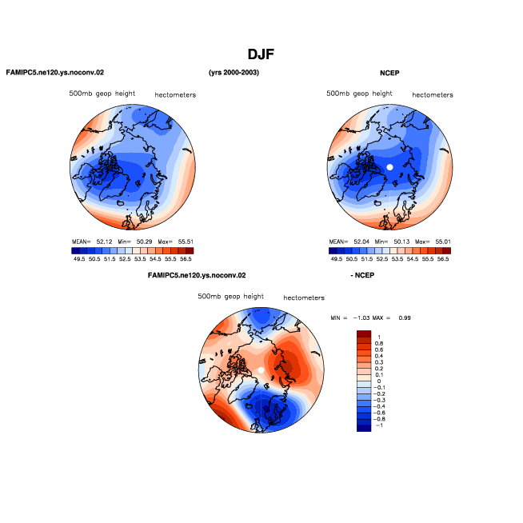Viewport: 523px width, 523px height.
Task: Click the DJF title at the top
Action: click(x=261, y=54)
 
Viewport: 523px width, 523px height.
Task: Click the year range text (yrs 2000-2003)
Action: click(x=234, y=73)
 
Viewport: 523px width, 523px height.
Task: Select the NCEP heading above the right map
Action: click(x=389, y=73)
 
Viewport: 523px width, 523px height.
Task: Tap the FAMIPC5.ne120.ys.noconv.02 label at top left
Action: click(x=55, y=73)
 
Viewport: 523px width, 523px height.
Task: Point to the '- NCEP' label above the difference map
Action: click(x=362, y=275)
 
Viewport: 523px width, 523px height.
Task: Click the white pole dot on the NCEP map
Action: click(x=389, y=167)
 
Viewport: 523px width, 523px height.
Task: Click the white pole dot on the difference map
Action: click(x=261, y=370)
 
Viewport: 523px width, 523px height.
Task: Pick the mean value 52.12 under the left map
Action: click(x=105, y=242)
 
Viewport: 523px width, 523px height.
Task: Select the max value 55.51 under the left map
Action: click(x=186, y=242)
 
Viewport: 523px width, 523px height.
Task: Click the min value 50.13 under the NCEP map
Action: click(x=401, y=242)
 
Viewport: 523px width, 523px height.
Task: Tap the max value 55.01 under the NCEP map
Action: click(x=443, y=242)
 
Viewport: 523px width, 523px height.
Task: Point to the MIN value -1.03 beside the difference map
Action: click(x=361, y=317)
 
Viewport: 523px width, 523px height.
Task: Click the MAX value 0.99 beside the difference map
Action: click(x=405, y=317)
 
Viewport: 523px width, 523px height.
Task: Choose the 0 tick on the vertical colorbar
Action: click(x=379, y=381)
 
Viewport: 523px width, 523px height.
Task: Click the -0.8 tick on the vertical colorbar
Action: click(x=378, y=419)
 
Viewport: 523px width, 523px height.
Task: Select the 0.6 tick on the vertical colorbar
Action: click(x=379, y=350)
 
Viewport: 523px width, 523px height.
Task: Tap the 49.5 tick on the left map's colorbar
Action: click(x=79, y=259)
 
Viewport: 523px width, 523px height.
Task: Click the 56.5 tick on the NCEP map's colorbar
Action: click(x=443, y=259)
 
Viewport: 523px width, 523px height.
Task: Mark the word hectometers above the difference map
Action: click(x=304, y=297)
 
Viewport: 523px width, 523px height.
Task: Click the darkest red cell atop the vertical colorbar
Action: click(x=364, y=333)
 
